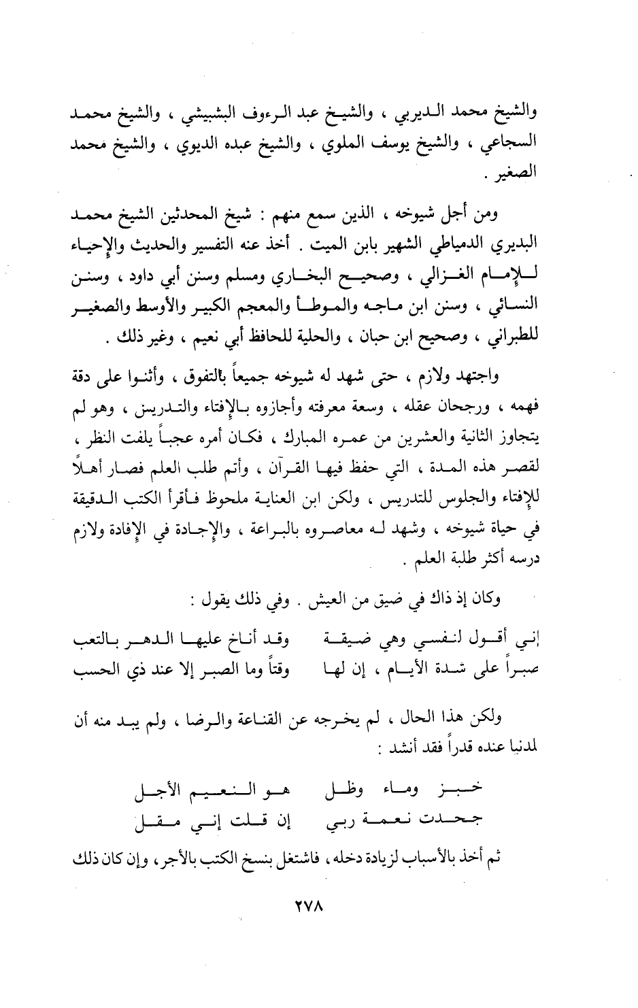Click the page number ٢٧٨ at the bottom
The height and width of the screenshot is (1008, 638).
pyautogui.click(x=319, y=907)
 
